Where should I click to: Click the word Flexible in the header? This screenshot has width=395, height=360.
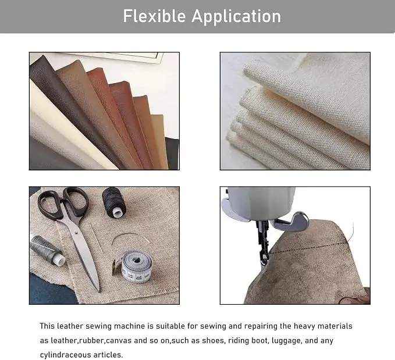154,16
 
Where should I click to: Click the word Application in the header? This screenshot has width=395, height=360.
236,17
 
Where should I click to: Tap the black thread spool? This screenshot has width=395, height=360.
114,202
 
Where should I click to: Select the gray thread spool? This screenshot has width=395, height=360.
47,251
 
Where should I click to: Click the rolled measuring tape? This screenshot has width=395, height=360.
133,266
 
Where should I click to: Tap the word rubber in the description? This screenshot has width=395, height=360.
91,341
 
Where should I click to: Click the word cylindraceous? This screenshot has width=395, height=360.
66,355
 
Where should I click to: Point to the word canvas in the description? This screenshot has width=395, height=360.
119,341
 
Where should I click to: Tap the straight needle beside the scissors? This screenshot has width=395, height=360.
97,238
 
